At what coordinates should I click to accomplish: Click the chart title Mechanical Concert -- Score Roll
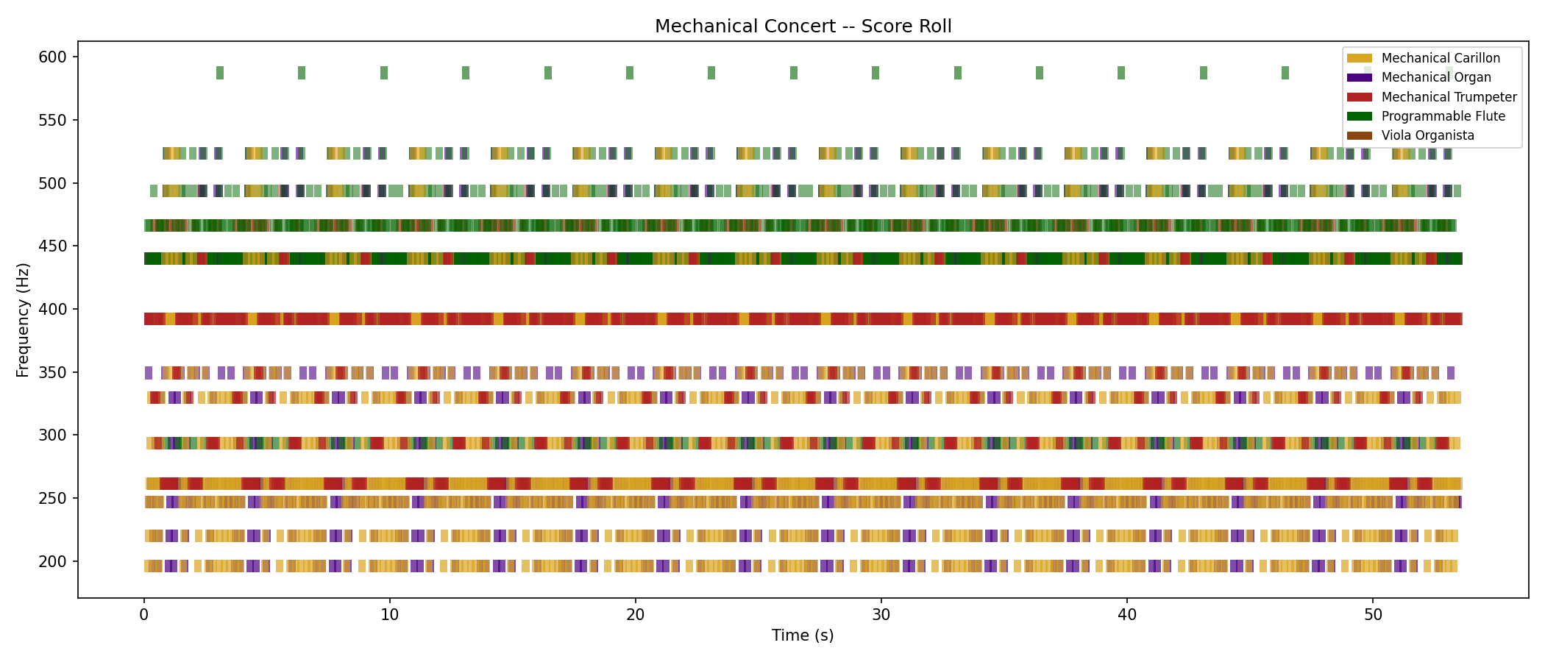pos(803,26)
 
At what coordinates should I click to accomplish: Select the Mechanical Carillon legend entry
pos(1440,58)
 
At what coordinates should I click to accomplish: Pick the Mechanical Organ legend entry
pos(1435,77)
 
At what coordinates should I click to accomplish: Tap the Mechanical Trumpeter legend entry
pos(1449,97)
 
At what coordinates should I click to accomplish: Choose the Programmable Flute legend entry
pos(1443,116)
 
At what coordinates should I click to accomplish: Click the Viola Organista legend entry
pos(1427,135)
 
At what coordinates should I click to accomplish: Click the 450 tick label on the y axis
pos(52,246)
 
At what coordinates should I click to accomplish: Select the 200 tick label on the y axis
pos(52,562)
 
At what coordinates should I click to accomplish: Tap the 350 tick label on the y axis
pos(52,373)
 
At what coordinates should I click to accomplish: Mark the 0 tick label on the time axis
pos(144,615)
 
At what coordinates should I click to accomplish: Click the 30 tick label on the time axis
pos(881,615)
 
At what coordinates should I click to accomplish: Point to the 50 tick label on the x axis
pos(1373,615)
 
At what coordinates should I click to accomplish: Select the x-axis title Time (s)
pos(803,636)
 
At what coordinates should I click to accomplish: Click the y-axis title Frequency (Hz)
pos(23,320)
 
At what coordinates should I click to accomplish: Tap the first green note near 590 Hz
pos(220,73)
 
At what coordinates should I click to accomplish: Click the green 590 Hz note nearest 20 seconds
pos(630,73)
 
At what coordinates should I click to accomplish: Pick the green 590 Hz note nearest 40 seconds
pos(1121,73)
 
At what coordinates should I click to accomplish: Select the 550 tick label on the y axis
pos(52,121)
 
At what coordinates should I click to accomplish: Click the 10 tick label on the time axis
pos(389,615)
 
